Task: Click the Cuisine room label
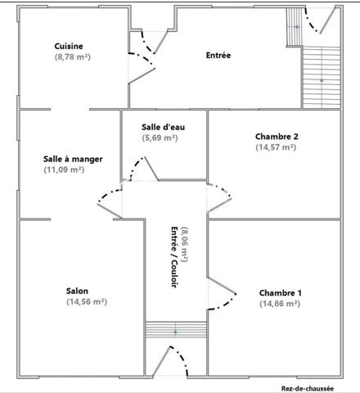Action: pyautogui.click(x=69, y=47)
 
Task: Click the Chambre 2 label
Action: pyautogui.click(x=276, y=136)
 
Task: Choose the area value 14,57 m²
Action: pyautogui.click(x=276, y=147)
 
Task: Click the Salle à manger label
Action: pyautogui.click(x=73, y=159)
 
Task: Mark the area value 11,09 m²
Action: pyautogui.click(x=65, y=169)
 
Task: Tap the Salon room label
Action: pyautogui.click(x=78, y=291)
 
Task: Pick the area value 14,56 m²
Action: pyautogui.click(x=87, y=301)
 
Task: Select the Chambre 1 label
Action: pyautogui.click(x=280, y=293)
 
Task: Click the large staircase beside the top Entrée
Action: pyautogui.click(x=322, y=80)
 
